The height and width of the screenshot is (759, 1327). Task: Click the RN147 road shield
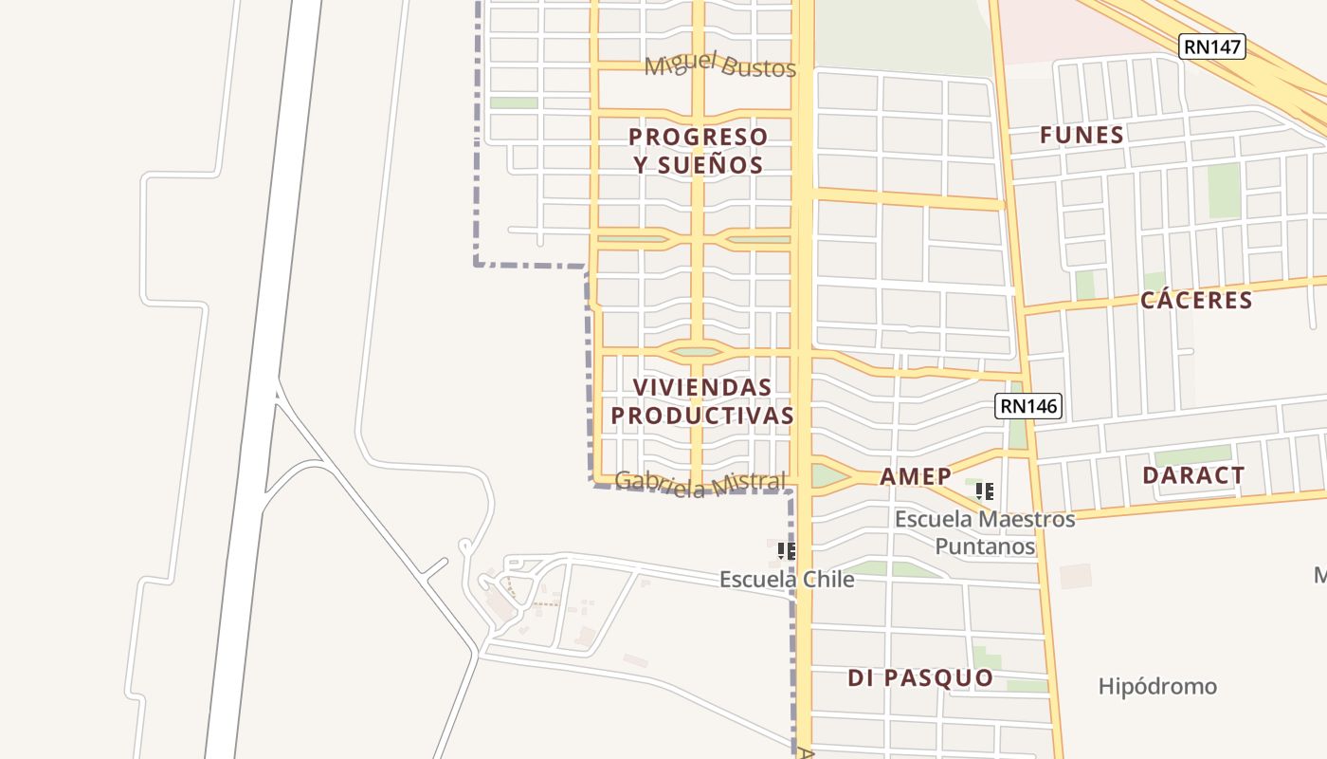(x=1212, y=46)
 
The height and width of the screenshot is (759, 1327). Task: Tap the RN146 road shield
(x=1028, y=406)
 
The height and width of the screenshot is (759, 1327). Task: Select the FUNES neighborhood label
(x=1082, y=135)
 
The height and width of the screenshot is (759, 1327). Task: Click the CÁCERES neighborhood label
(x=1196, y=300)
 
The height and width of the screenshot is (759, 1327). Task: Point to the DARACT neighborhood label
(x=1193, y=475)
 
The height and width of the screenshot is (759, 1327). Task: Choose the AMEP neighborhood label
(x=915, y=475)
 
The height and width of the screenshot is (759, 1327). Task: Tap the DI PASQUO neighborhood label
(x=920, y=677)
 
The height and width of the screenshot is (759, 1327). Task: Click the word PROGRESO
(x=699, y=137)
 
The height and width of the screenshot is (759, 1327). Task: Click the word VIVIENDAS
(x=702, y=387)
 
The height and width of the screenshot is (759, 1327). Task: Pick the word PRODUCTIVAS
(x=702, y=416)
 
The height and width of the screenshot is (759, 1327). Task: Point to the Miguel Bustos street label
(x=719, y=65)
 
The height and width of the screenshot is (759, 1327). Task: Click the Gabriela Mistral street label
(x=700, y=483)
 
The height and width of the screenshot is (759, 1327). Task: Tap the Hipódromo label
(x=1157, y=686)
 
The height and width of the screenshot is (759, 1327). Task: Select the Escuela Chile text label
(x=787, y=579)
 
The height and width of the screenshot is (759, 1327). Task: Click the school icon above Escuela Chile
(x=786, y=550)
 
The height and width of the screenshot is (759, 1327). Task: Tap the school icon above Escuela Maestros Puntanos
(x=985, y=491)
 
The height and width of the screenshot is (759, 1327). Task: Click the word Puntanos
(x=985, y=546)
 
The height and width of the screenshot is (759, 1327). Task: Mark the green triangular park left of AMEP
(x=827, y=475)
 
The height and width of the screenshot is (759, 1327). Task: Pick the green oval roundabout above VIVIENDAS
(x=698, y=352)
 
